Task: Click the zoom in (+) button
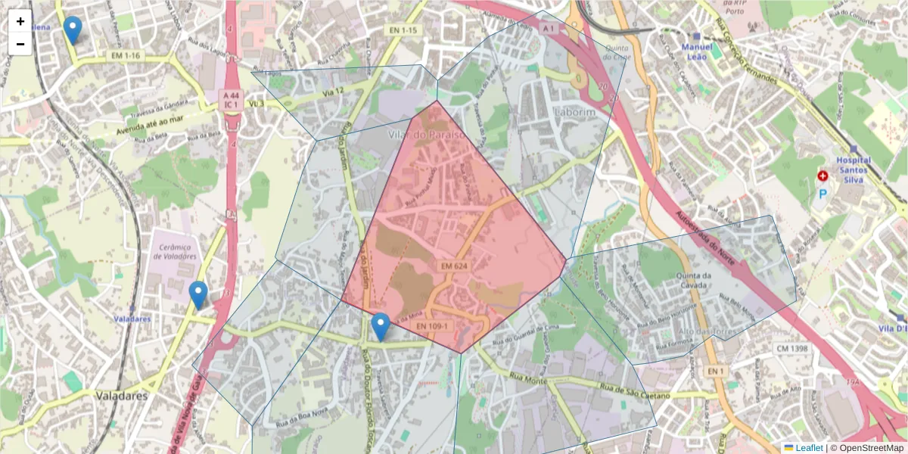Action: pos(20,21)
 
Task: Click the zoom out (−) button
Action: pos(20,44)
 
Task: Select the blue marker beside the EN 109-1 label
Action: pos(381,326)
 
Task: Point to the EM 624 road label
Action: pos(455,266)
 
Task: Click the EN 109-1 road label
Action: pos(432,326)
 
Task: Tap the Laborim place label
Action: pos(574,112)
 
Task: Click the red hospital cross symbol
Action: pos(822,176)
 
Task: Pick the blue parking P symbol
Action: pos(822,194)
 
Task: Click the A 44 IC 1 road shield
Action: pos(231,100)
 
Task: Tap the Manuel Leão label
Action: pos(697,51)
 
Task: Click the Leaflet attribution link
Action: pos(808,448)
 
